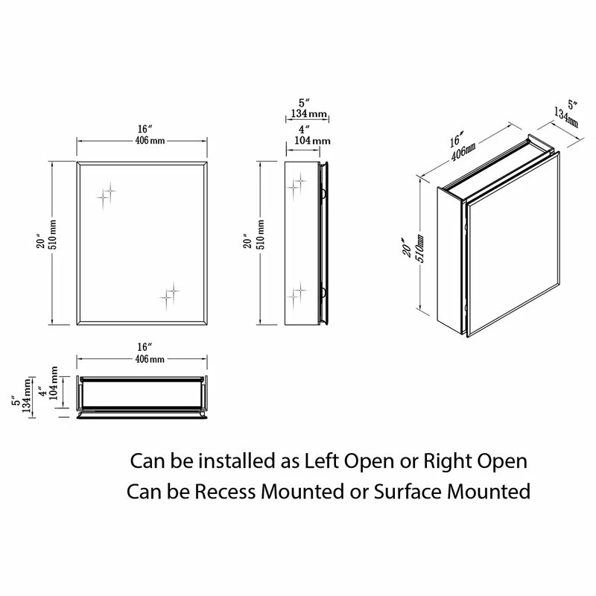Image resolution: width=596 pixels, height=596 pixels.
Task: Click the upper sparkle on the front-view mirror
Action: coord(107,194)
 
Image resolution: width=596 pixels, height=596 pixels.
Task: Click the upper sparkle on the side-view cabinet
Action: coord(299,182)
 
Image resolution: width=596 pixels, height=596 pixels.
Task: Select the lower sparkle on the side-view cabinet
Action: coord(299,291)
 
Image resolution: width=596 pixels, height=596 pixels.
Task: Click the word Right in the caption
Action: coord(446,461)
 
